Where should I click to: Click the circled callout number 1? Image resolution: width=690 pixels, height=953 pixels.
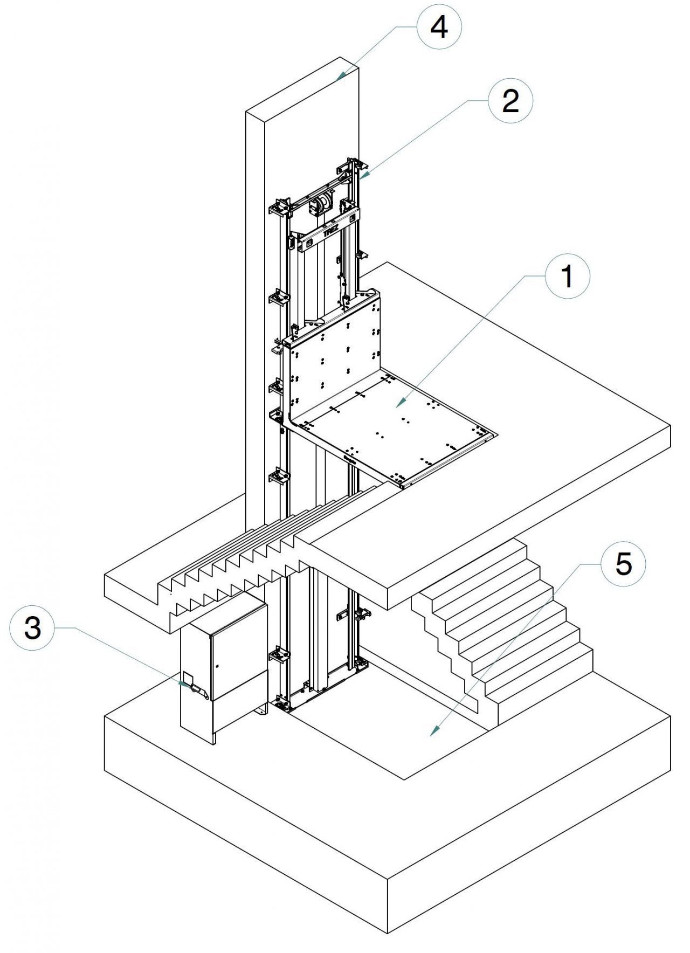click(568, 278)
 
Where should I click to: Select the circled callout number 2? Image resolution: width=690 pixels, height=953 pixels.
click(510, 101)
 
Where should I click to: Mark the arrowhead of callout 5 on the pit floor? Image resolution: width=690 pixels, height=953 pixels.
click(434, 734)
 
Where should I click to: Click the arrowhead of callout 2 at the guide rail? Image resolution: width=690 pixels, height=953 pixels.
click(362, 177)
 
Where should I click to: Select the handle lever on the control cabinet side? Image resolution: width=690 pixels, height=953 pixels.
click(195, 689)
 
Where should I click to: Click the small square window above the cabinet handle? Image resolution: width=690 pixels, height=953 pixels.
click(187, 676)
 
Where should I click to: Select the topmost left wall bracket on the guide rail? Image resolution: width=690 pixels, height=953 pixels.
click(279, 208)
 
